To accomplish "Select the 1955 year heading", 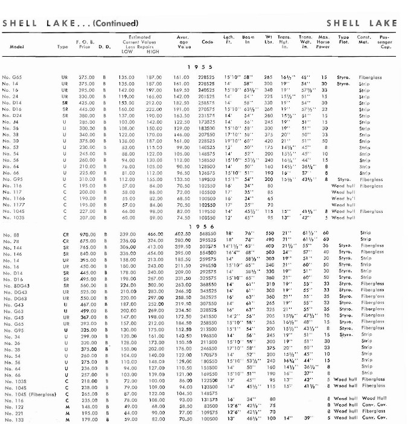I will click(197, 66).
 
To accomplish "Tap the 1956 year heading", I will click(197, 226).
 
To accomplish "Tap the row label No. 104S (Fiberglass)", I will click(31, 377).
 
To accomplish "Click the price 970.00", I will click(88, 234).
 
